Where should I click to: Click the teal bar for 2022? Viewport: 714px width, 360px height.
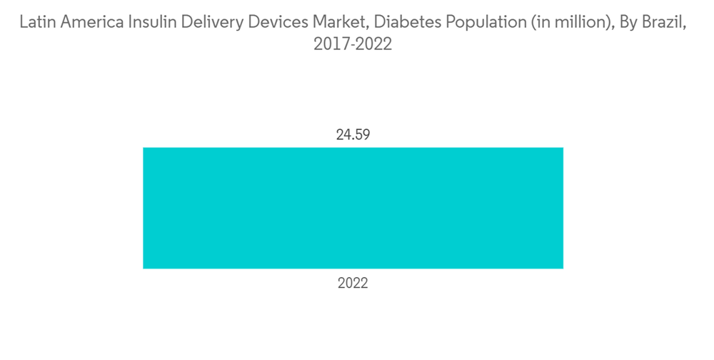[353, 208]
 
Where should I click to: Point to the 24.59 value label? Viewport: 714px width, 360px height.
[353, 134]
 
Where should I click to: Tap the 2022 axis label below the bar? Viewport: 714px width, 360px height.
[353, 284]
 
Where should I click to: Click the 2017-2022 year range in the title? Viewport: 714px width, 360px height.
[353, 45]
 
